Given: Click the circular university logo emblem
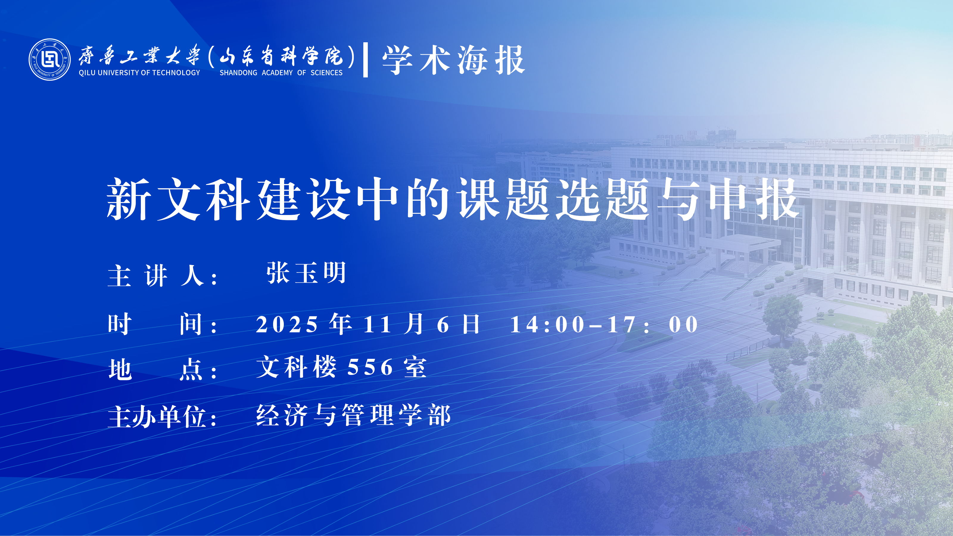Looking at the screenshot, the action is click(x=49, y=59).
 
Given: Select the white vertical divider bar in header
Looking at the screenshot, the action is click(x=365, y=60).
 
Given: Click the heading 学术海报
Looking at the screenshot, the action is click(x=454, y=60).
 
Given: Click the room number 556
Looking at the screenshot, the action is click(x=370, y=367).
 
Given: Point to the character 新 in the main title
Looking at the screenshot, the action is click(x=129, y=199).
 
